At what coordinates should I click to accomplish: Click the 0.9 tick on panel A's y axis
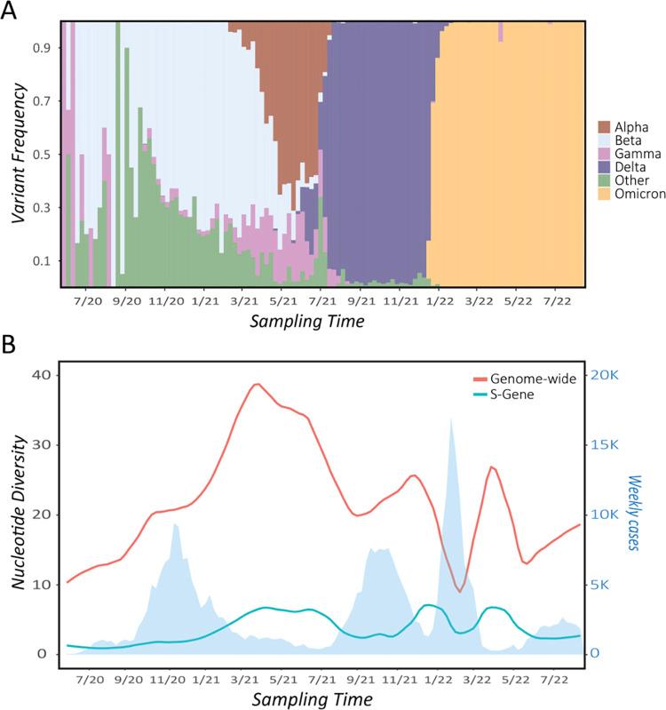tap(42, 50)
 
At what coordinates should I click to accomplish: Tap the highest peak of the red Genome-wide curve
tap(257, 384)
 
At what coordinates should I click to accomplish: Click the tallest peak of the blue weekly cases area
tap(451, 419)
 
